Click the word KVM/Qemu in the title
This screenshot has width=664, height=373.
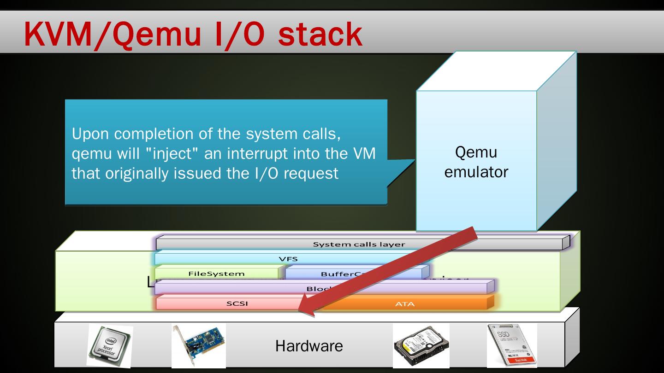pos(104,34)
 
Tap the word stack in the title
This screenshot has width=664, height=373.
pos(320,34)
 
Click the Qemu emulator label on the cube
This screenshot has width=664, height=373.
pos(476,162)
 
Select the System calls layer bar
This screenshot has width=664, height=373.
pos(359,244)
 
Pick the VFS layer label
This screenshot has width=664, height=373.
pos(288,259)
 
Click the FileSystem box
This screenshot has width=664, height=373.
pos(216,274)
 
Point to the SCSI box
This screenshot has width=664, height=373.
pos(237,303)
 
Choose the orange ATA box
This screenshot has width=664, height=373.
pos(405,303)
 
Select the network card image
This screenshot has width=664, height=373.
pos(198,346)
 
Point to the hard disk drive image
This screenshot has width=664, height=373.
pos(421,346)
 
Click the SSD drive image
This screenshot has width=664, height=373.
pos(512,345)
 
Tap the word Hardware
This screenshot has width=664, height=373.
pos(309,346)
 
